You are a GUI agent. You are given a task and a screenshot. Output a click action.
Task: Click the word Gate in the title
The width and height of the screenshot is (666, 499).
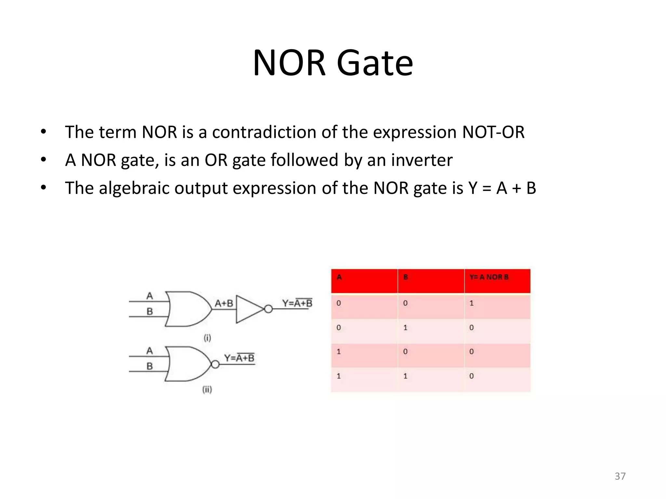click(x=375, y=63)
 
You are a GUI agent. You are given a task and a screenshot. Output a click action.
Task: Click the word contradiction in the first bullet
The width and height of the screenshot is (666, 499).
click(x=264, y=132)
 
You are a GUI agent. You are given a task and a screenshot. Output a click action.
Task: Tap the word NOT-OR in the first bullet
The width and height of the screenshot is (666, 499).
click(x=493, y=132)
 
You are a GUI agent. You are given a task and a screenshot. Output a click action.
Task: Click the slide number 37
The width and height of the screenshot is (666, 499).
click(x=620, y=476)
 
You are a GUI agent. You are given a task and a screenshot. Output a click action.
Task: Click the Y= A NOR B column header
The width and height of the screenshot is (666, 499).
click(x=489, y=277)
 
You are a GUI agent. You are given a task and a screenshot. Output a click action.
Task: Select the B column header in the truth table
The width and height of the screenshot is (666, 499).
click(x=406, y=277)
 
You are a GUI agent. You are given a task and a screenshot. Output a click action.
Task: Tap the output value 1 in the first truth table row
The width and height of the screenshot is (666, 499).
click(x=472, y=303)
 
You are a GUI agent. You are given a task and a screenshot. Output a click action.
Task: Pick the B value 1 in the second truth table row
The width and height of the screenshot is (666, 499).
click(x=405, y=328)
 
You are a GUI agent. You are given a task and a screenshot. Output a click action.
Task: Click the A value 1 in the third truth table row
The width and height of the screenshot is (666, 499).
click(x=339, y=352)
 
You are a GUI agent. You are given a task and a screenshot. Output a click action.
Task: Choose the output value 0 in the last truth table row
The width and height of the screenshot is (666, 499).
click(x=472, y=376)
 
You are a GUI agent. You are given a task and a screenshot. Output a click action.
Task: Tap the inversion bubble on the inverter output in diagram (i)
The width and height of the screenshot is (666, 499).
click(x=268, y=309)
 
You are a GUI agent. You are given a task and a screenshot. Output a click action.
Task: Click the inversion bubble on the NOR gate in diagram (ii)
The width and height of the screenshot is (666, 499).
click(x=215, y=364)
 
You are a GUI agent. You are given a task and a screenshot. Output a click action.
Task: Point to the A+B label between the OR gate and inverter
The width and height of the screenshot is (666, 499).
click(x=224, y=303)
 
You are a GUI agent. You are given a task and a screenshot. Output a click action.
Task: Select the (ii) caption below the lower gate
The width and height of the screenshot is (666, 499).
click(x=207, y=389)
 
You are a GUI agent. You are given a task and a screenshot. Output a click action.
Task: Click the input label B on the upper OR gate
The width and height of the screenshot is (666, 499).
click(x=150, y=312)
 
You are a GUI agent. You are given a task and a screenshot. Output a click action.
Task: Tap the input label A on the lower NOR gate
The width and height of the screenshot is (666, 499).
click(x=150, y=351)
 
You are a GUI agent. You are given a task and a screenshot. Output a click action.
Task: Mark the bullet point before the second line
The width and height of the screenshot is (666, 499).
click(x=44, y=160)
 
